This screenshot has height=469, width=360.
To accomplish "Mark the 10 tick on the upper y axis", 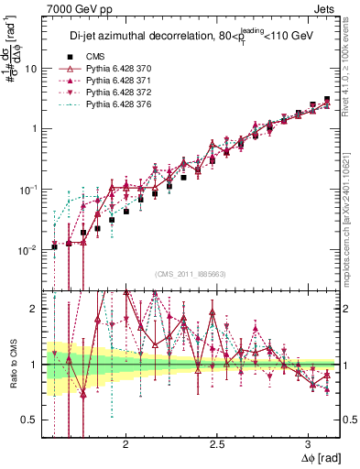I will point(31,69).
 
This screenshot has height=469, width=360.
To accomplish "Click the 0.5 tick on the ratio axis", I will point(29,420).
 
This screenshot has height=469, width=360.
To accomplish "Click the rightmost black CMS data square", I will point(328,99).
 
